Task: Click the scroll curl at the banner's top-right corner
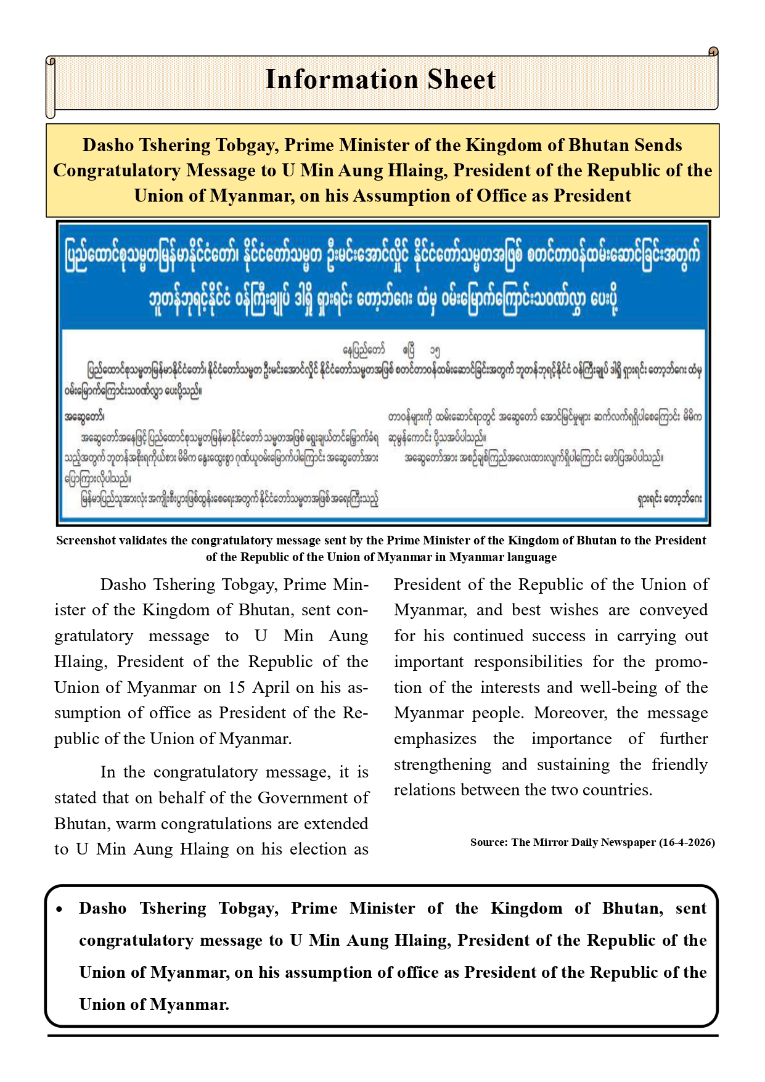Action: [x=713, y=51]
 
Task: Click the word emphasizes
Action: [x=435, y=739]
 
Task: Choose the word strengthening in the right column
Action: [x=443, y=764]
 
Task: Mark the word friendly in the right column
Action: [x=680, y=764]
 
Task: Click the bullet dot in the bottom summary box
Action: [x=59, y=909]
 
